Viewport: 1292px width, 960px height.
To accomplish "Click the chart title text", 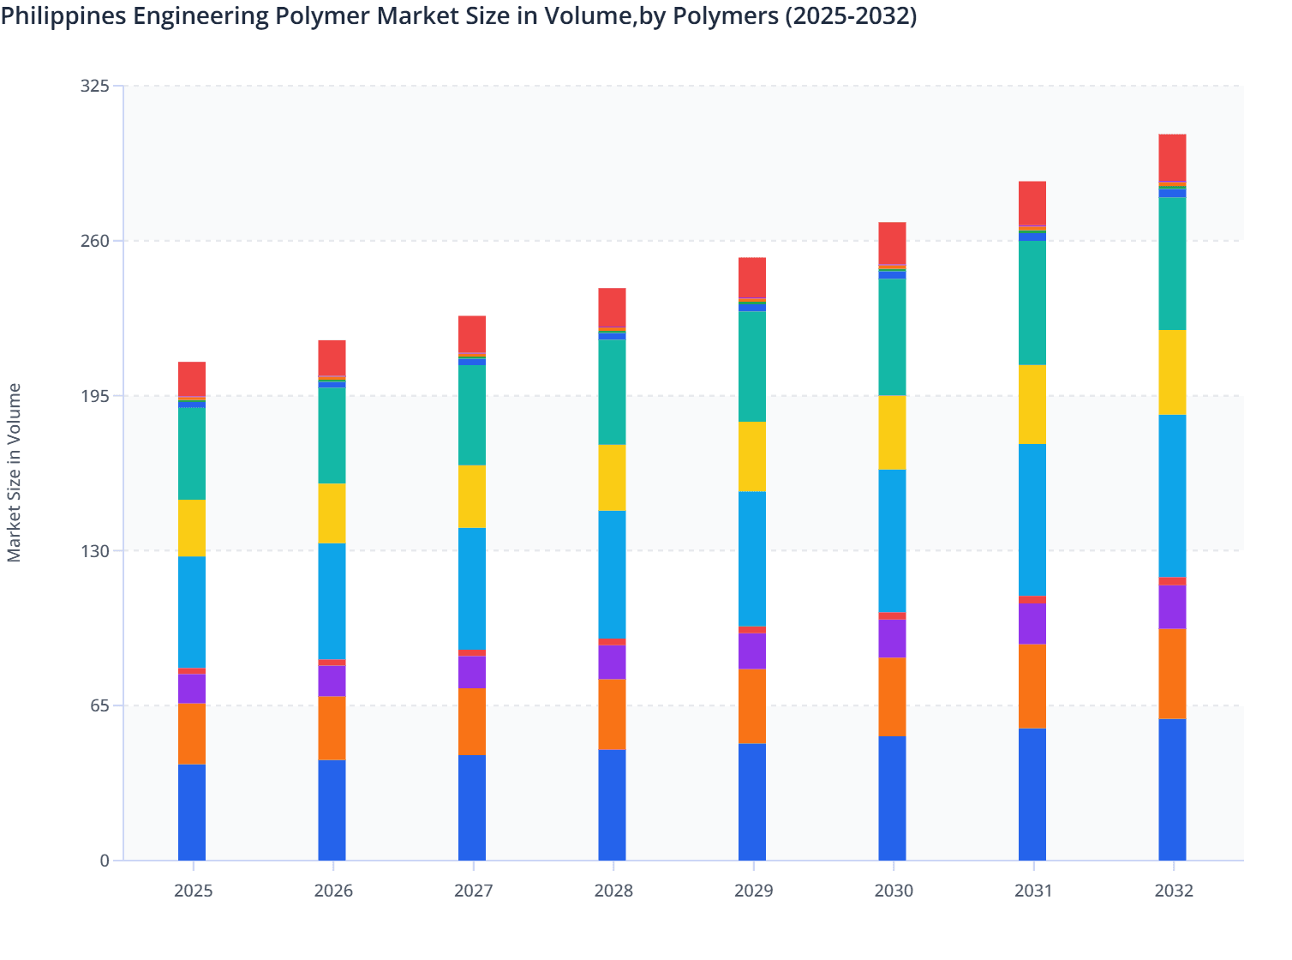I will [x=458, y=15].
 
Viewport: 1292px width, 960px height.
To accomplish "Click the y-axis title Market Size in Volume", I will [x=15, y=472].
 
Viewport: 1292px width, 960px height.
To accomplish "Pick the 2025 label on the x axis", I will [x=193, y=891].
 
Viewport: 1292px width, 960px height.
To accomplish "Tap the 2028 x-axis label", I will [x=613, y=891].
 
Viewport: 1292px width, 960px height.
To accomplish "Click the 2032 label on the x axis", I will [x=1173, y=891].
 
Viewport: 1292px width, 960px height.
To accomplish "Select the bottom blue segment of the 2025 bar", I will [x=192, y=812].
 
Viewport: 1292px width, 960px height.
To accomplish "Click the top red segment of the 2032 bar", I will [x=1172, y=158].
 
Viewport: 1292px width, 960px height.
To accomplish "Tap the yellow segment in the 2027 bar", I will [x=472, y=496].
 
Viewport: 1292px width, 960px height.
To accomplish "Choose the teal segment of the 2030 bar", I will [x=892, y=337].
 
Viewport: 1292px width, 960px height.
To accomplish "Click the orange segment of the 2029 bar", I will [x=752, y=706].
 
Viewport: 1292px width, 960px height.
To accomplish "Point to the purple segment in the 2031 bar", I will [x=1032, y=623].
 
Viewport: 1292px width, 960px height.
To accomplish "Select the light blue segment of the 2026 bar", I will [x=332, y=601].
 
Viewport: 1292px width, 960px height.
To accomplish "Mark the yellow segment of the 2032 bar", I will [x=1172, y=372].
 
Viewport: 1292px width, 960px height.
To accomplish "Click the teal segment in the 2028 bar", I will [x=612, y=392].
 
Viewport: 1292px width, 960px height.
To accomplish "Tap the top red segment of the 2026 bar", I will [x=332, y=357].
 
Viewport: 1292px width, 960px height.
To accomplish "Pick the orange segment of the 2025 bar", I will [x=192, y=734].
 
